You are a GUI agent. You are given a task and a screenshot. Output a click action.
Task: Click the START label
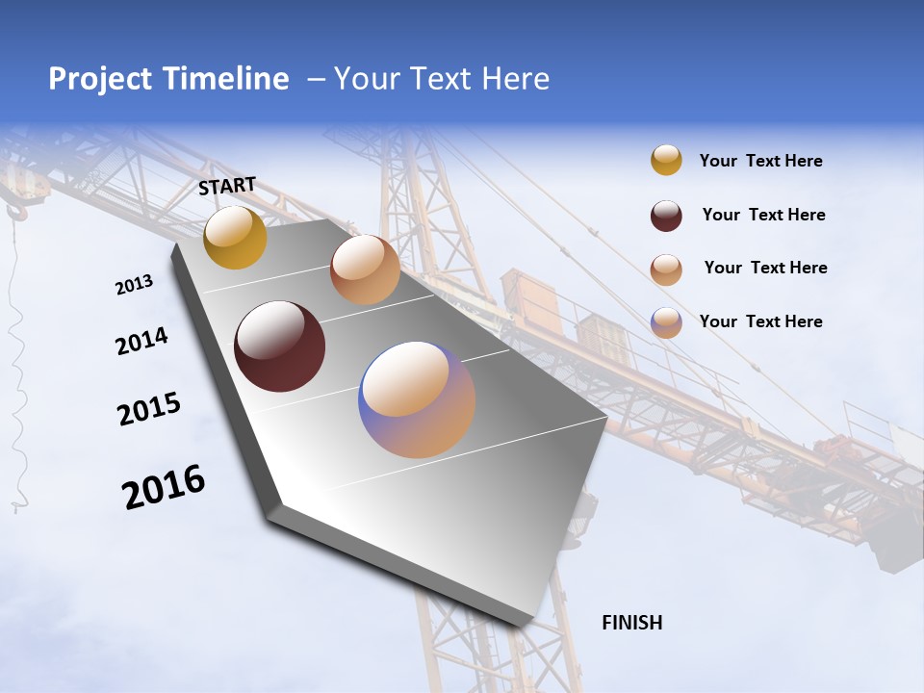[227, 186]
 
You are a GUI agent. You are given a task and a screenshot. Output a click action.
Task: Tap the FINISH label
[631, 623]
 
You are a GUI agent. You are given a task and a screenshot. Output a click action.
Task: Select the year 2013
[134, 285]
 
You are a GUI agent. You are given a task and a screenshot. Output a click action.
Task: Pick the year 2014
[141, 341]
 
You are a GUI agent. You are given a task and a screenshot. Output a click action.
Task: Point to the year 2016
[164, 487]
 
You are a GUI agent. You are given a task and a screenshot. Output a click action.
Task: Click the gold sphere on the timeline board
[235, 237]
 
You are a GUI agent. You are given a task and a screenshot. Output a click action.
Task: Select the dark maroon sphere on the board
[279, 346]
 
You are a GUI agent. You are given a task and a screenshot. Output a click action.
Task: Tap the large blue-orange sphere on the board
[417, 399]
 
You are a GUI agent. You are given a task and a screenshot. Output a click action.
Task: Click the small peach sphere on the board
[365, 269]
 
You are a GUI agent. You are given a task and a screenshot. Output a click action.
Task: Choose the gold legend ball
[666, 161]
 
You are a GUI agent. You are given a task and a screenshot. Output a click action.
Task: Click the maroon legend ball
[666, 216]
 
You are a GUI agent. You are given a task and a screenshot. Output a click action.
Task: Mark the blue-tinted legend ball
[666, 322]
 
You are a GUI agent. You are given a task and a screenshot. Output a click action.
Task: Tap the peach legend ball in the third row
[666, 269]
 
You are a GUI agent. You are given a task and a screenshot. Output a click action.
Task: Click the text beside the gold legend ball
[760, 161]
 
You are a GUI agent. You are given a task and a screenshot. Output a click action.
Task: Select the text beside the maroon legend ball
[763, 215]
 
